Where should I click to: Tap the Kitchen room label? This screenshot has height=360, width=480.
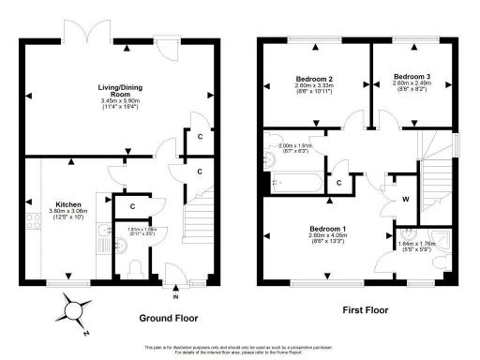click(70, 203)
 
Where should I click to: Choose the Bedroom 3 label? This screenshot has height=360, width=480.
click(412, 76)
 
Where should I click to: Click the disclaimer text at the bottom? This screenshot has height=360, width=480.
click(240, 350)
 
